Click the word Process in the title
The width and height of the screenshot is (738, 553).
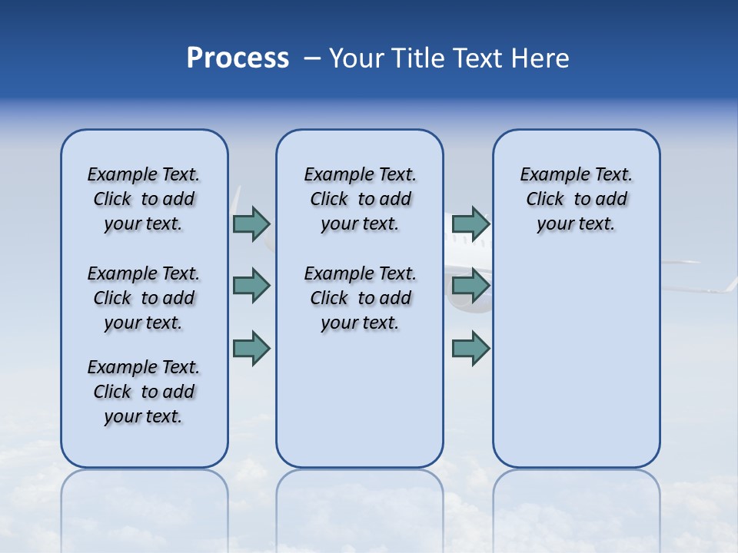pos(238,58)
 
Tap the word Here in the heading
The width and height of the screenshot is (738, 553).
pos(537,58)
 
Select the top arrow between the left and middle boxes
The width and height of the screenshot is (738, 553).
pos(251,224)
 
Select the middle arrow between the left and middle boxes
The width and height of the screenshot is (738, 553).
pos(251,286)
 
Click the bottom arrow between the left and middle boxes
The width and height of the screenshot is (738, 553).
pos(251,348)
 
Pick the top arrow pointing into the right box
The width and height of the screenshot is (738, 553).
pos(470,224)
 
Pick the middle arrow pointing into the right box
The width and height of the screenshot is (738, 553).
pos(470,286)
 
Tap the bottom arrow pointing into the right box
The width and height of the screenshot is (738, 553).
pos(470,348)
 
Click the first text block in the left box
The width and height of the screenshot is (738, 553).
pos(144,199)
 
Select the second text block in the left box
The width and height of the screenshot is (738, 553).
pos(144,298)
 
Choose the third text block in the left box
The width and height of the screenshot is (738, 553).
pos(144,392)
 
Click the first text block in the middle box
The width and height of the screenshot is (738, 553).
pos(360,199)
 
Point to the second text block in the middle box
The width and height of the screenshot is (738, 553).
pos(360,298)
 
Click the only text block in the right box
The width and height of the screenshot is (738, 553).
pos(576,199)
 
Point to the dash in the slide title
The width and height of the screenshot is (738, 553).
pos(312,58)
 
